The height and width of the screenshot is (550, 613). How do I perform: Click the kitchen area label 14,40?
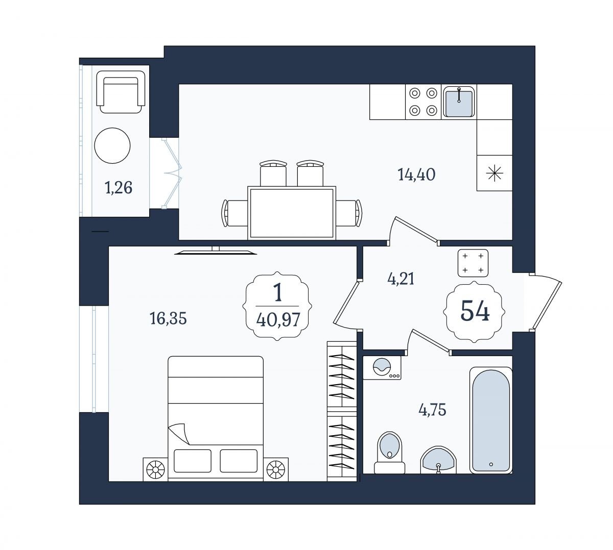(416, 174)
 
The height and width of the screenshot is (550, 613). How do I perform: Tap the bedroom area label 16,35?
(168, 318)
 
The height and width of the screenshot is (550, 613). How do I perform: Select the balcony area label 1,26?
(119, 188)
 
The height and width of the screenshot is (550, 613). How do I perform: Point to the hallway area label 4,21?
(400, 279)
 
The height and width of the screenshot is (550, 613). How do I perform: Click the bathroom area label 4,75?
(432, 410)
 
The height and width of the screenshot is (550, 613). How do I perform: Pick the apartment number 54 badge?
(474, 312)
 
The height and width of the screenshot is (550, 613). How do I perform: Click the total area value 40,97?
(278, 320)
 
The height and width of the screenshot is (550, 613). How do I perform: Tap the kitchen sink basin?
(459, 102)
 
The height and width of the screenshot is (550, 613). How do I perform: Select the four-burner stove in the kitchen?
(423, 102)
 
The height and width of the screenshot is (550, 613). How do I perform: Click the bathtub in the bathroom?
(491, 420)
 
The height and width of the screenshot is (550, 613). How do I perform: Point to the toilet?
(389, 453)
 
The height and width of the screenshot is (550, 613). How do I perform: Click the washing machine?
(382, 368)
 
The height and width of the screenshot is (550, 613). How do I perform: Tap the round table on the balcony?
(112, 145)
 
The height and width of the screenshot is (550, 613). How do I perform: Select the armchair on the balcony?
(121, 92)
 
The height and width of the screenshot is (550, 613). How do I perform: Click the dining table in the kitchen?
(292, 213)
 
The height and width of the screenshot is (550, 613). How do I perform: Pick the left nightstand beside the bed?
(155, 469)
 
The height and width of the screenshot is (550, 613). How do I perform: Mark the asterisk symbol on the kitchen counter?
(494, 173)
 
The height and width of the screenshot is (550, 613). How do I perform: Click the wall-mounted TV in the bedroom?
(216, 252)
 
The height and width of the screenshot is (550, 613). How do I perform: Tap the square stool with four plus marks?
(473, 263)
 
